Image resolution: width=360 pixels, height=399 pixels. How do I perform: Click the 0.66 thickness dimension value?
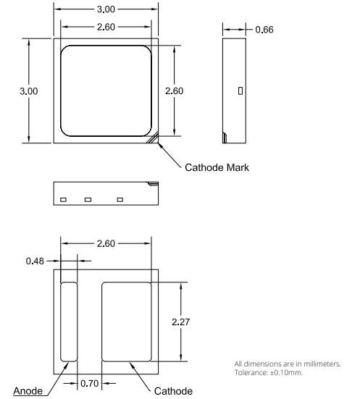[x=264, y=30]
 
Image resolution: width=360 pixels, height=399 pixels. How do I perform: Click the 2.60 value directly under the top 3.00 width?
[x=106, y=27]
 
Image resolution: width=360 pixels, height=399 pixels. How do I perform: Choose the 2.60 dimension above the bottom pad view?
[x=106, y=243]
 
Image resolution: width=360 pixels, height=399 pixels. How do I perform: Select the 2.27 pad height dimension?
[x=180, y=322]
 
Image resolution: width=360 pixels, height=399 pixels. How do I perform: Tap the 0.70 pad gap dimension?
[x=90, y=383]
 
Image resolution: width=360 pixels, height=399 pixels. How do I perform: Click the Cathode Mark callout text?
[x=217, y=167]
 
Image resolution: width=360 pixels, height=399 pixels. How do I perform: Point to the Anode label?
[x=27, y=392]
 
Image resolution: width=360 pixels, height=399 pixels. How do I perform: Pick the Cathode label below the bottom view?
[x=173, y=391]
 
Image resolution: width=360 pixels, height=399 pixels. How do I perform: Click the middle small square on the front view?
[x=88, y=199]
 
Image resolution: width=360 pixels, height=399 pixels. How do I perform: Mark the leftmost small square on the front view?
[x=63, y=199]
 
